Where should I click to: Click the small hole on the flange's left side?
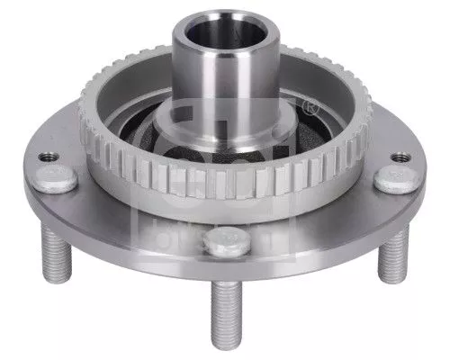pyautogui.click(x=46, y=157)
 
